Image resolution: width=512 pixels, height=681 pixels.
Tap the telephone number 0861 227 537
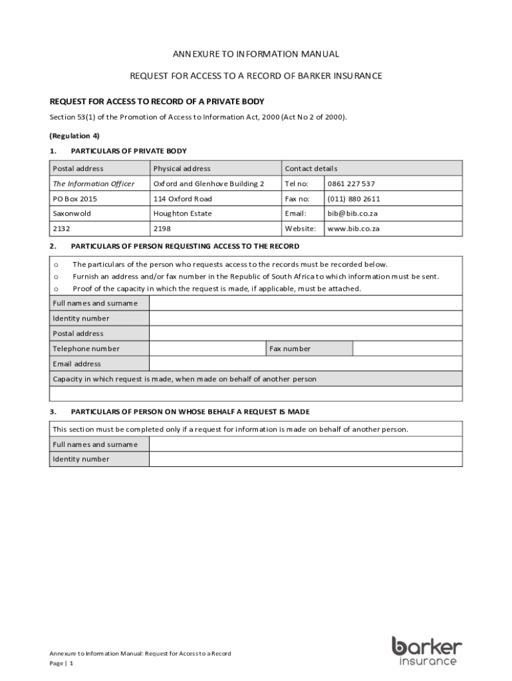pyautogui.click(x=348, y=184)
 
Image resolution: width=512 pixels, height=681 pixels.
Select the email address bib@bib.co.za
pyautogui.click(x=352, y=213)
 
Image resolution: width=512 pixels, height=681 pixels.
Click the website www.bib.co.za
pyautogui.click(x=354, y=228)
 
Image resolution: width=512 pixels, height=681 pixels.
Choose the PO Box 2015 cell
pyautogui.click(x=70, y=199)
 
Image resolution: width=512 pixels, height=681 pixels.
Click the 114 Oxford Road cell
pyautogui.click(x=183, y=199)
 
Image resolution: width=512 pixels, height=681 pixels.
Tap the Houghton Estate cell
pyautogui.click(x=183, y=213)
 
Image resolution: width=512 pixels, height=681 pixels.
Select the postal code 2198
pyautogui.click(x=162, y=228)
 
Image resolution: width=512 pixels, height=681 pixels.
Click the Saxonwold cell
pyautogui.click(x=72, y=213)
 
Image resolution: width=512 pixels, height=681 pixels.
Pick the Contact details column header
pyautogui.click(x=311, y=168)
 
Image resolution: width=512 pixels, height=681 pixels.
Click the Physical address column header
pyautogui.click(x=182, y=168)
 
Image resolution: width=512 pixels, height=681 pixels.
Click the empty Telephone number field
pyautogui.click(x=207, y=348)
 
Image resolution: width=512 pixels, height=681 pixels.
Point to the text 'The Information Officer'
pyautogui.click(x=94, y=184)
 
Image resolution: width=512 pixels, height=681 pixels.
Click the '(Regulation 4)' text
pyautogui.click(x=74, y=136)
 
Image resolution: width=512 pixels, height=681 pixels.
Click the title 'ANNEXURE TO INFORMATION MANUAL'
pyautogui.click(x=256, y=54)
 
